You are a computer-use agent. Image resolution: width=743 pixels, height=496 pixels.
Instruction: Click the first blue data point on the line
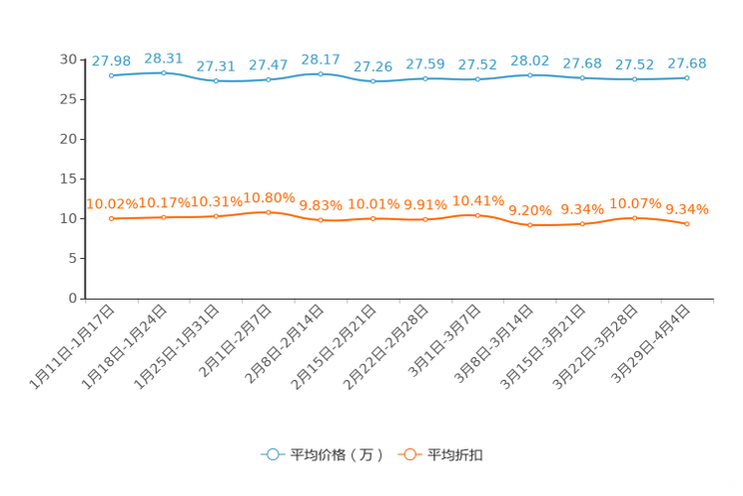[111, 75]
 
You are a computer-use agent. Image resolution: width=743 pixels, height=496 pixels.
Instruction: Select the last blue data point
[687, 77]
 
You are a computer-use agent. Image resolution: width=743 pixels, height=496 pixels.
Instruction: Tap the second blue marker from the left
[164, 72]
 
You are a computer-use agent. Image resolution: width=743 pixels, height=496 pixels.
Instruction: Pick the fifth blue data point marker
[321, 73]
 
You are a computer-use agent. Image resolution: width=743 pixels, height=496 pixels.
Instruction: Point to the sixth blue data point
[373, 81]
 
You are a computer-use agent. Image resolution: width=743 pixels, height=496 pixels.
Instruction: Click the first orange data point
[111, 217]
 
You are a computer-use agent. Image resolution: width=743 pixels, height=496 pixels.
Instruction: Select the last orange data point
[687, 223]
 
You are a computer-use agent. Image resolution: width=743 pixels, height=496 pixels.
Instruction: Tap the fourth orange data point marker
[268, 212]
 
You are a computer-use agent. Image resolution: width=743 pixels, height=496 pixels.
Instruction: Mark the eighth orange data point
[478, 214]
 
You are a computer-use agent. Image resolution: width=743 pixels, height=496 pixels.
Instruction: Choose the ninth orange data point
[530, 225]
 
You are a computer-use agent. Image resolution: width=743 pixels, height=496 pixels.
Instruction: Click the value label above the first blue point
[106, 61]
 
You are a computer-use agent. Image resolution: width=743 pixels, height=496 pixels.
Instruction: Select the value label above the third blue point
[216, 66]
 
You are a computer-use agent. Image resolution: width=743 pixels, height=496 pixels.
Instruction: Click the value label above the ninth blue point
[530, 61]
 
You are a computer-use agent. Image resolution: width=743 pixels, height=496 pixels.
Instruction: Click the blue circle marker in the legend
[271, 454]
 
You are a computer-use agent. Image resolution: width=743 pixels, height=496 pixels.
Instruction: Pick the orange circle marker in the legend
[407, 454]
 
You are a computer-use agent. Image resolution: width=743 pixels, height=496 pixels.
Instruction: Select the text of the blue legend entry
[336, 455]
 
